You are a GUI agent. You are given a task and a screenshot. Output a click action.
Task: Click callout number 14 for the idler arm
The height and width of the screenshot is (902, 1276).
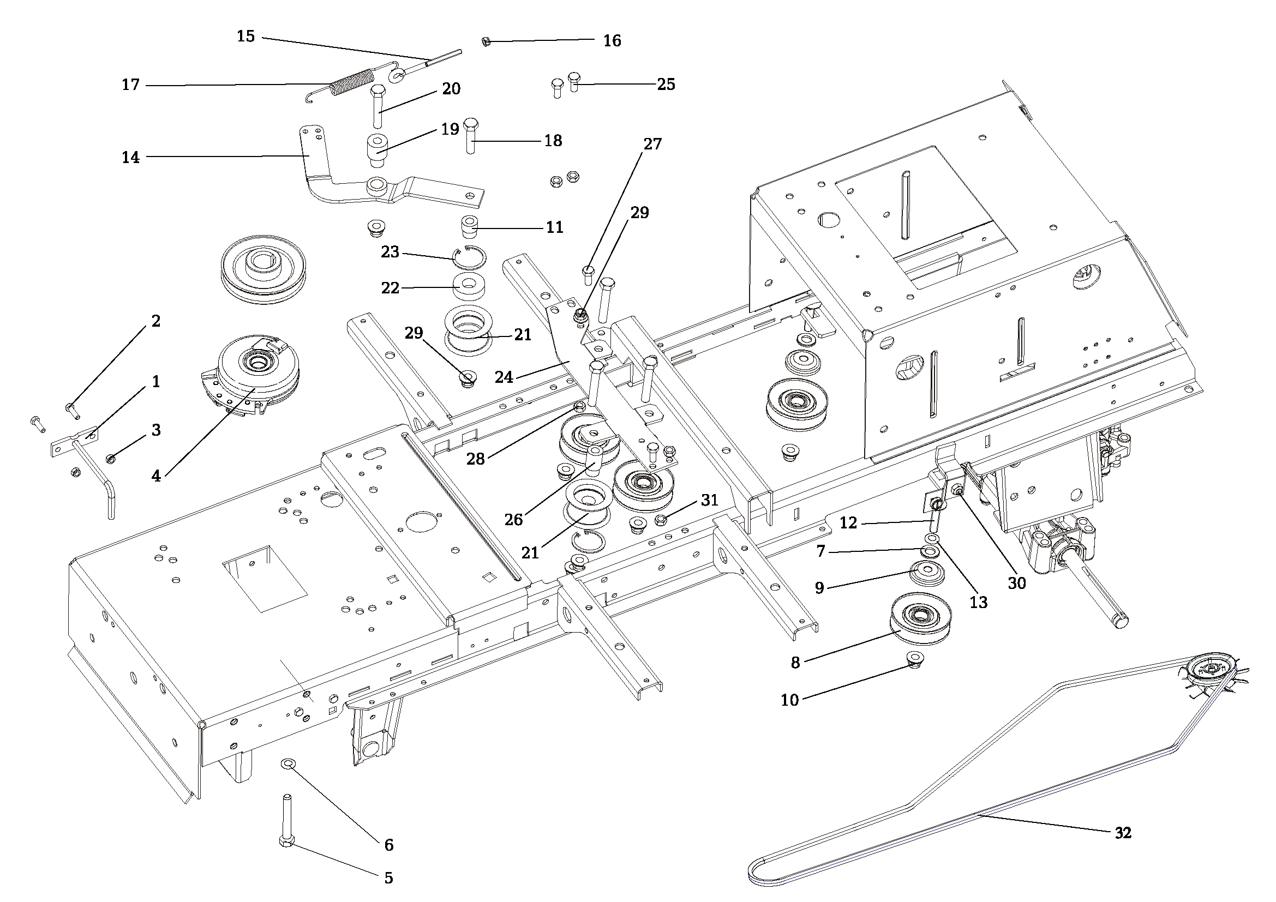[130, 158]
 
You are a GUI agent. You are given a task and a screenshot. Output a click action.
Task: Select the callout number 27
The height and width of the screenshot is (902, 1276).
[652, 144]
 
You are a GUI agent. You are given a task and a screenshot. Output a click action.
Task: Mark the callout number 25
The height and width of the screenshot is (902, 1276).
[666, 84]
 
